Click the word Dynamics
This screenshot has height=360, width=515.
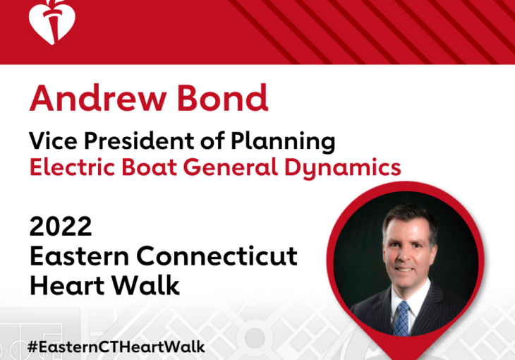(x=346, y=168)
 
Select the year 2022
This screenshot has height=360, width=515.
(x=61, y=227)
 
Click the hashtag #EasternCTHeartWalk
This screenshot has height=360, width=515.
(x=116, y=348)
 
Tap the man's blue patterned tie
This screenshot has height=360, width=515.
(x=401, y=317)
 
